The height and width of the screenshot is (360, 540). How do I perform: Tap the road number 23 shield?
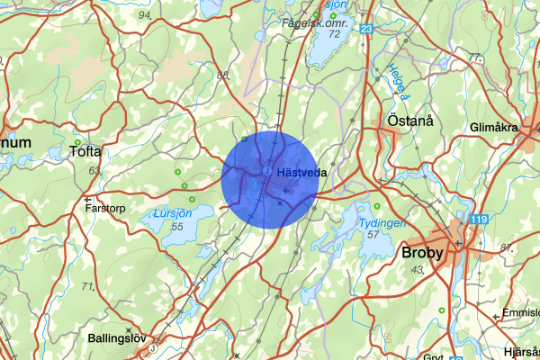(365, 30)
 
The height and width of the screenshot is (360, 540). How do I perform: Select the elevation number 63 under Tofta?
(93, 169)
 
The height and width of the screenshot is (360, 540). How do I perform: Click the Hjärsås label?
(520, 351)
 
